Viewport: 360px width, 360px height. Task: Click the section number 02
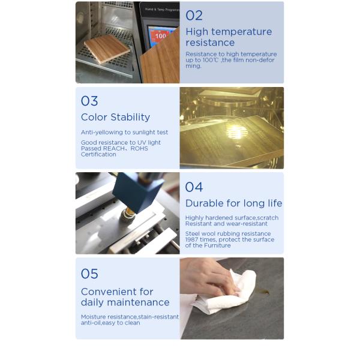(x=194, y=16)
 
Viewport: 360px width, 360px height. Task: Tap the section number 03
(x=89, y=101)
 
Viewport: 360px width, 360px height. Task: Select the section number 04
(x=194, y=187)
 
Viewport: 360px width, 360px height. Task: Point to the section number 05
(x=89, y=274)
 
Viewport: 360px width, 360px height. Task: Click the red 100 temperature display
(x=160, y=36)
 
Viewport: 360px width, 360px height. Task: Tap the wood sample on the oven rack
(x=107, y=49)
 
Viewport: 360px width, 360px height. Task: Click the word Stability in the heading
(x=130, y=117)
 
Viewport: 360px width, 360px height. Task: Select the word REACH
(x=114, y=149)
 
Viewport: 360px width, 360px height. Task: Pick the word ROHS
(x=139, y=149)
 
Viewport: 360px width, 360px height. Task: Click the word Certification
(x=98, y=155)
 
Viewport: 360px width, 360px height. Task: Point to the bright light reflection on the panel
(x=238, y=132)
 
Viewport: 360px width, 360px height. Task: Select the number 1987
(x=192, y=239)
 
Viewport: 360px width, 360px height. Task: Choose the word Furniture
(x=217, y=245)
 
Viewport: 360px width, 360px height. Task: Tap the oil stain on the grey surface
(x=263, y=292)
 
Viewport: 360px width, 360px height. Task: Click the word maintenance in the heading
(x=138, y=302)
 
